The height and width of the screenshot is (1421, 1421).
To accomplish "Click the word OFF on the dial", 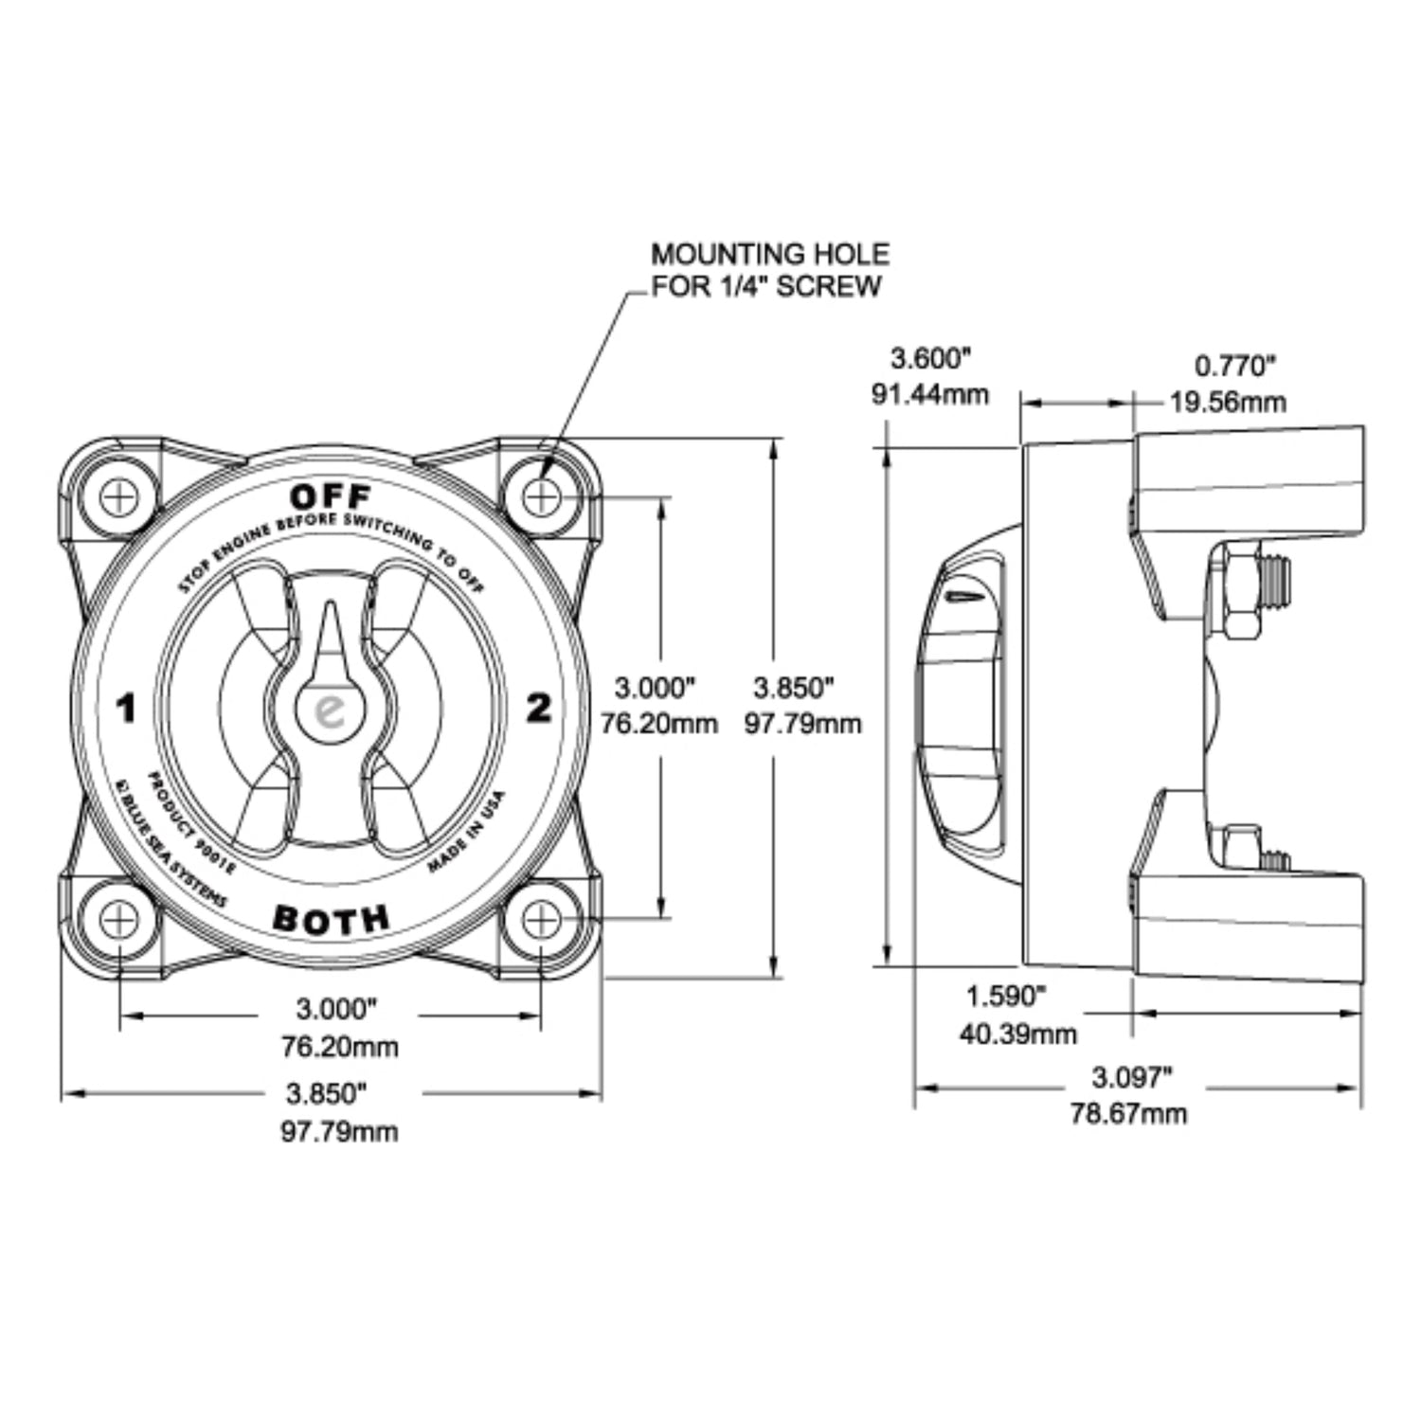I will point(331,495).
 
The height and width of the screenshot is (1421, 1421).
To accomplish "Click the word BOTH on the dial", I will point(331,918).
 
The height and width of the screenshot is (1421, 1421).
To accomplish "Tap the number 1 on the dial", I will point(125,709).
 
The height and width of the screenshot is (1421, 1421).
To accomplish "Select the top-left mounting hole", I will point(120,495).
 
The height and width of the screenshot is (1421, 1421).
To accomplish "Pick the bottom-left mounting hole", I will point(120,918).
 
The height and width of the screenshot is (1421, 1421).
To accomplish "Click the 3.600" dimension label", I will point(931,358).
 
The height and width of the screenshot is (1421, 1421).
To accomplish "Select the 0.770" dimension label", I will point(1234,365).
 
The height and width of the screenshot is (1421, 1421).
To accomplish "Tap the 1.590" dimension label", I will point(1005,996).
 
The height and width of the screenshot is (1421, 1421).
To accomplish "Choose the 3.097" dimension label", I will point(1131,1077).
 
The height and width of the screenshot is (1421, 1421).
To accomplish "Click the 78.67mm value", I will point(1128,1113).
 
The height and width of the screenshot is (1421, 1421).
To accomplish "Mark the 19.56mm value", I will point(1228,402).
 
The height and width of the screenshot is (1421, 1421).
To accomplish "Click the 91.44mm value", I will point(930,394).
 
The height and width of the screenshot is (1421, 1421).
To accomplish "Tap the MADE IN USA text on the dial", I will point(467,832).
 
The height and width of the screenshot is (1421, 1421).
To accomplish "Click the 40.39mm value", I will point(1018,1033).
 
